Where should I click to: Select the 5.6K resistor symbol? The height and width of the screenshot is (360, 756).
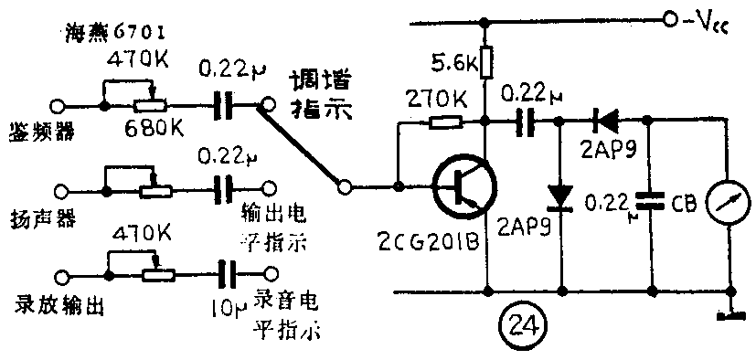(x=485, y=65)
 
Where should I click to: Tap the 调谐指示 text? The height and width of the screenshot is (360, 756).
(x=320, y=95)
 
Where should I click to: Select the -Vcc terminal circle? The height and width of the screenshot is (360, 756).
(x=669, y=18)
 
